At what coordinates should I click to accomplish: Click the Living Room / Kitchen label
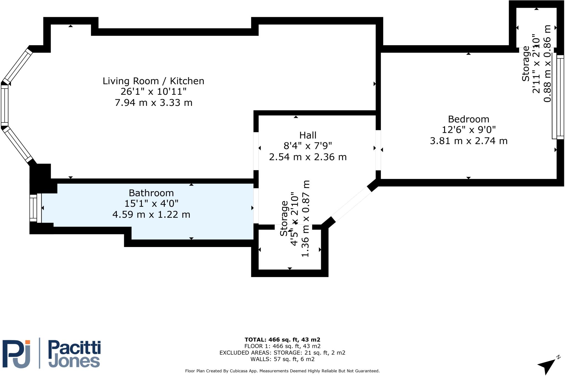coord(153,81)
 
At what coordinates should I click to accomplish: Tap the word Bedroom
coord(468,119)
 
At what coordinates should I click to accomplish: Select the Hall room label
coord(308,135)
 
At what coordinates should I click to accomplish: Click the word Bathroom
coord(151,193)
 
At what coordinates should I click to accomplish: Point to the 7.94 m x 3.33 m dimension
coord(153,103)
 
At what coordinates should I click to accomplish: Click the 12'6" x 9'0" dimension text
coord(468,130)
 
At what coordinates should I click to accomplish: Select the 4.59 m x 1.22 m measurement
coord(151,214)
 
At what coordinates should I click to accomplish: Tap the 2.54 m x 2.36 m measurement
coord(308,157)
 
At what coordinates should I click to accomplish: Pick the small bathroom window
coord(35,208)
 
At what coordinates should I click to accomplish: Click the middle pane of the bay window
coord(5,105)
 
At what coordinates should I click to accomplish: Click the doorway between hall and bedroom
coord(378,150)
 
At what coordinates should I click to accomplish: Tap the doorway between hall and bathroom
coord(256,206)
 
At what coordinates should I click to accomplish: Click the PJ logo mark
coord(16,354)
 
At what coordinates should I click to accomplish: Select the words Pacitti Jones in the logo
coord(74,354)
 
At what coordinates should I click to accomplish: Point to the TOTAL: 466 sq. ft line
coord(282,340)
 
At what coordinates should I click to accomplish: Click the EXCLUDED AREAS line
coord(282,353)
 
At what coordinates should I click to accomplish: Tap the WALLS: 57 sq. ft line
coord(282,359)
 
